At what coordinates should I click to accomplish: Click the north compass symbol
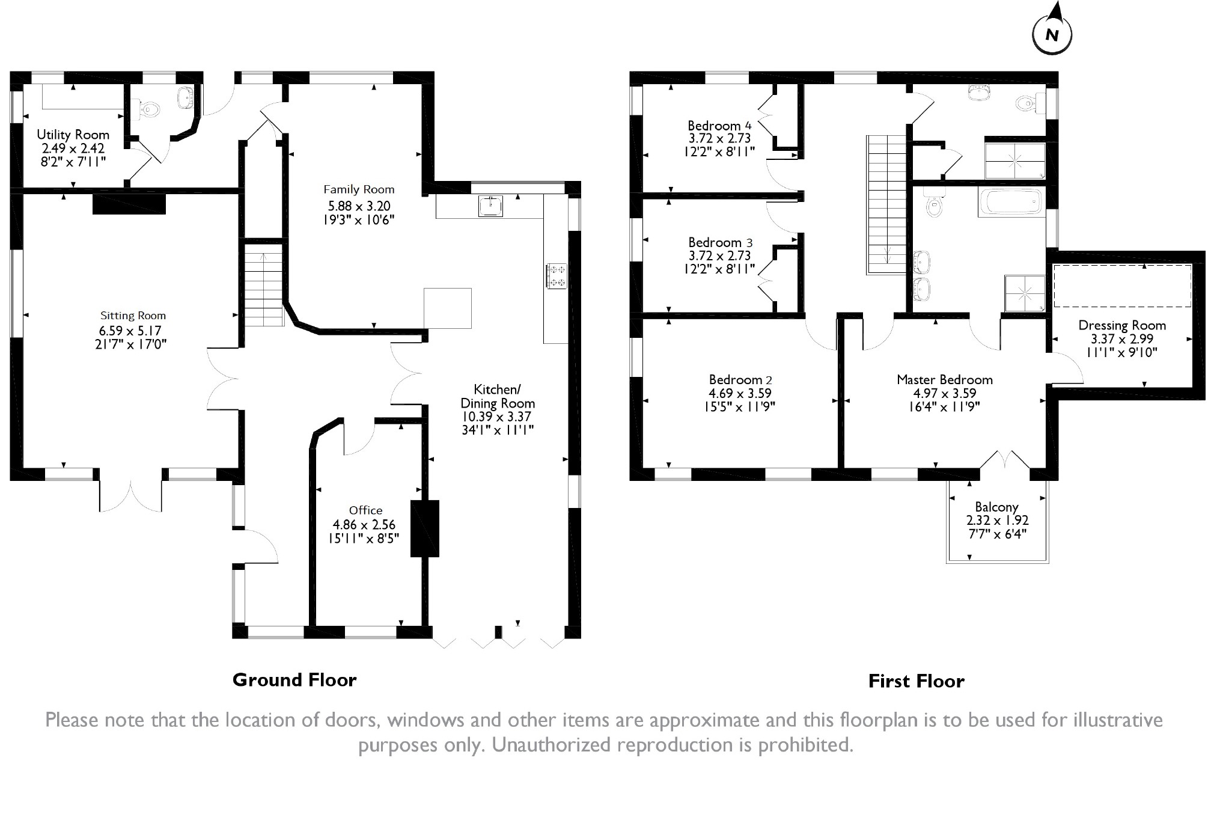click(1052, 34)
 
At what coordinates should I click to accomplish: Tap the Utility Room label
click(73, 135)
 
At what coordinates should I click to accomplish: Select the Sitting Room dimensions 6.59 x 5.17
click(130, 331)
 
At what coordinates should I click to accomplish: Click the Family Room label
click(359, 190)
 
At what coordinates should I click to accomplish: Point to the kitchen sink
click(492, 206)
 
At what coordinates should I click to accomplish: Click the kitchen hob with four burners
click(556, 276)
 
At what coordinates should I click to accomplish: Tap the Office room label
click(365, 510)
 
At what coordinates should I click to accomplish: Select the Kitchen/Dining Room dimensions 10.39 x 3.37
click(496, 417)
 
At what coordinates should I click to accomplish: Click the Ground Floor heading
click(294, 680)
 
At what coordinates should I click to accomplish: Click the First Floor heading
click(916, 681)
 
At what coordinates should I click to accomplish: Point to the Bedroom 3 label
click(720, 243)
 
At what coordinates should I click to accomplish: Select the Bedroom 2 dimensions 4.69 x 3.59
click(740, 394)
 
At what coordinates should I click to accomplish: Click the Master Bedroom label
click(944, 380)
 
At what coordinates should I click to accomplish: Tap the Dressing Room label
click(1121, 326)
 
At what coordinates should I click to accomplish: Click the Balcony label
click(996, 507)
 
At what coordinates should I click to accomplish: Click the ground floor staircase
click(263, 289)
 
